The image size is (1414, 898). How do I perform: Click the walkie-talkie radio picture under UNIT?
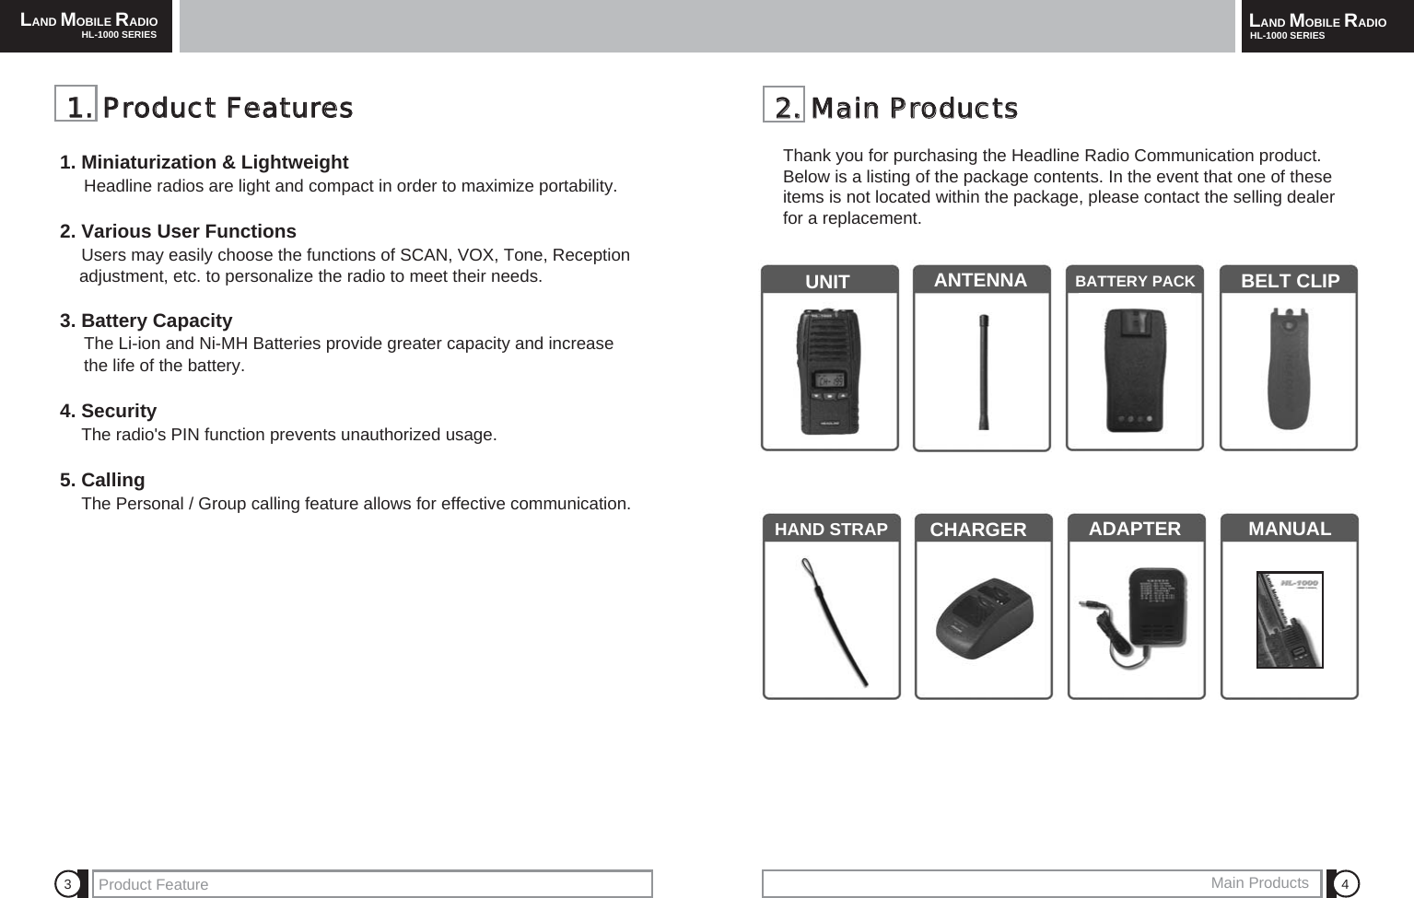[829, 371]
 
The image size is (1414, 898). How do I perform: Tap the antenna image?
[983, 372]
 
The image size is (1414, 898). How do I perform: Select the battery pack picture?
[1135, 370]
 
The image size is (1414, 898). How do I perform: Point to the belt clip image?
[1289, 369]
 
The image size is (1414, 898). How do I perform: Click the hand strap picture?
[832, 622]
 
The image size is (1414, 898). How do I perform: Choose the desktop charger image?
[983, 619]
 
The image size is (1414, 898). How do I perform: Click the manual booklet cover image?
[1290, 619]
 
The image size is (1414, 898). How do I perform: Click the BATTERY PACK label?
[1135, 281]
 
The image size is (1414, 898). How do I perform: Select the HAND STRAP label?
[831, 529]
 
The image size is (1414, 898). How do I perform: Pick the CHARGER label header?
[977, 530]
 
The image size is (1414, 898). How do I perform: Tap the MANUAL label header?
[1289, 529]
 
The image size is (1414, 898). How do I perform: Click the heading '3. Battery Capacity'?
[146, 321]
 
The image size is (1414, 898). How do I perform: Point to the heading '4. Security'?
[109, 411]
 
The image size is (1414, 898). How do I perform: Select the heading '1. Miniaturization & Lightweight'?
[205, 162]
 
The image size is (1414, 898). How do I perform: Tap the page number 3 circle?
[67, 884]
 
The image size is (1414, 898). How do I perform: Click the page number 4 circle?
[1345, 884]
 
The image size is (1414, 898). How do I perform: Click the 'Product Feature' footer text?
[153, 884]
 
